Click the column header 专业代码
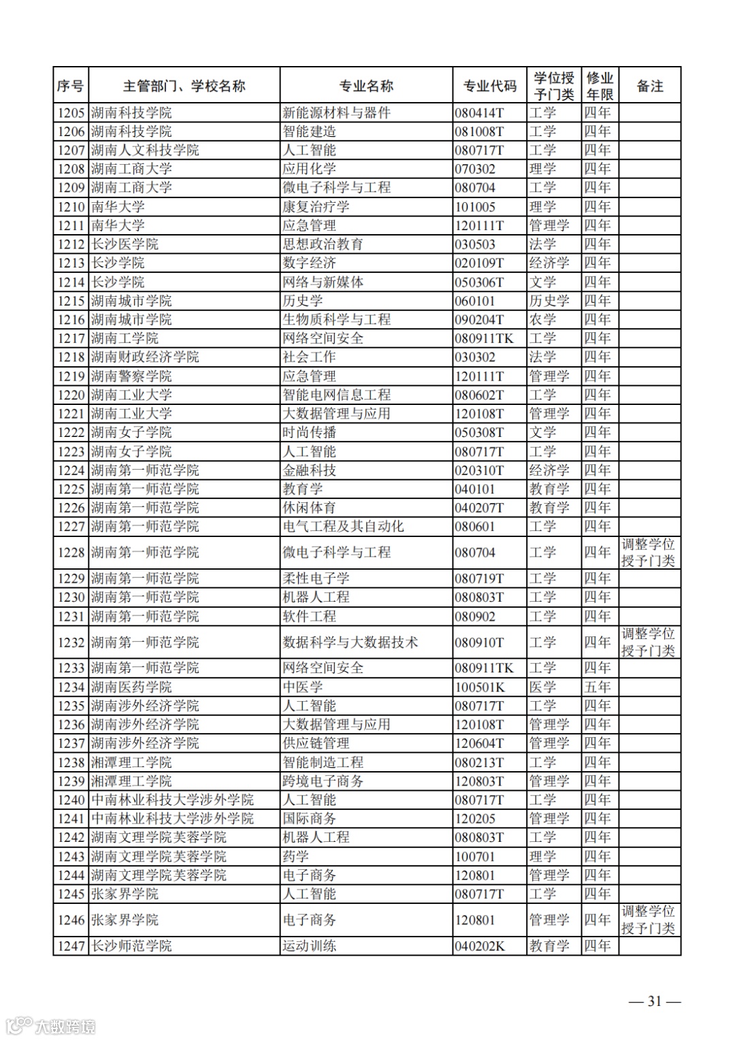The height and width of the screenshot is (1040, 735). tap(489, 86)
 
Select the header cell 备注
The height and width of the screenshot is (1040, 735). tap(649, 86)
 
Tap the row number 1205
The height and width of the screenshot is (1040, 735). tap(71, 113)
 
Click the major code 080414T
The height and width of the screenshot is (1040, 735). tap(480, 113)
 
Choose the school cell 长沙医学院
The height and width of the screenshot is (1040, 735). tap(125, 244)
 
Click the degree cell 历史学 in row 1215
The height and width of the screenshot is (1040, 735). tap(549, 301)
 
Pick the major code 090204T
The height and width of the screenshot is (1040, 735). tap(480, 320)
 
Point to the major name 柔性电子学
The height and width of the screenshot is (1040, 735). tap(316, 579)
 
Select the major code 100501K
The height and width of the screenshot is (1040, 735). tap(480, 687)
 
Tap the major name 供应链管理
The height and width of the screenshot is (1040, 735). tap(316, 743)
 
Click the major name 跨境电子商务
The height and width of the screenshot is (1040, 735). tap(323, 781)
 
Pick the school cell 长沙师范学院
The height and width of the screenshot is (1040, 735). tap(131, 945)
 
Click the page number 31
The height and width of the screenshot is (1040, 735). tap(655, 1001)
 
